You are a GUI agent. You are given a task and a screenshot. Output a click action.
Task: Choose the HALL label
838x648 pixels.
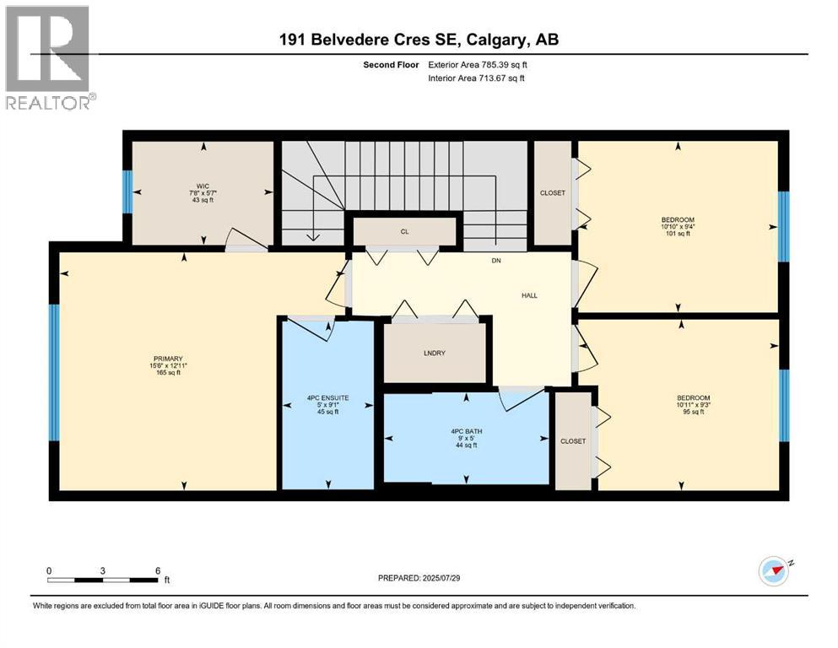528,295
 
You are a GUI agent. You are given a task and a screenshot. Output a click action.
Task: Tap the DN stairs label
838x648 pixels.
496,261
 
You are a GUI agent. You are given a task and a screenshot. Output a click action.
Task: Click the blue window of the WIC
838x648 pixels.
128,192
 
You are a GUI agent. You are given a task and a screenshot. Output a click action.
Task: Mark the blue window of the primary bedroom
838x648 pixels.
54,372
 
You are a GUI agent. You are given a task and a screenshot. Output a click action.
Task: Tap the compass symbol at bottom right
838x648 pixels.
773,571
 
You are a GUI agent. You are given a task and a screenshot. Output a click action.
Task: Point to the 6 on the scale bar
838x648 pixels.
158,570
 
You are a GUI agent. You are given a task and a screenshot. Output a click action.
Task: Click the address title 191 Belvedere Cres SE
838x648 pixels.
418,39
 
